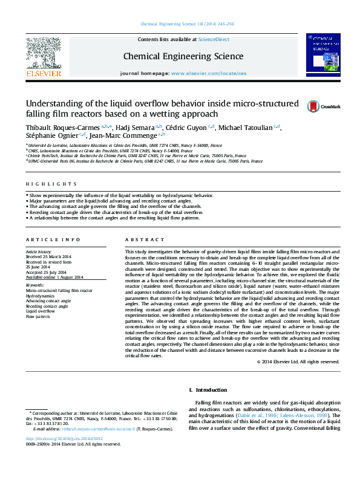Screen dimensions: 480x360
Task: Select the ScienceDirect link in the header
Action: (x=214, y=39)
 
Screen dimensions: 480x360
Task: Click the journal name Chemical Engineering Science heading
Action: (x=183, y=56)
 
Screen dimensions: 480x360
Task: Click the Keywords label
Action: (x=34, y=285)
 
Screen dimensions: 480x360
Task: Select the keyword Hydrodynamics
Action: (x=39, y=294)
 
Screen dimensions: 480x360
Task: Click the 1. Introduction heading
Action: (x=209, y=390)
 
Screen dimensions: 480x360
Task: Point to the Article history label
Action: (x=39, y=251)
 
